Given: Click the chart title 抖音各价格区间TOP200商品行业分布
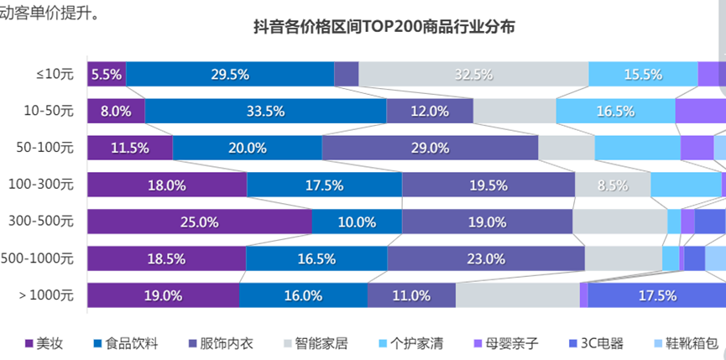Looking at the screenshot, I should (x=384, y=27).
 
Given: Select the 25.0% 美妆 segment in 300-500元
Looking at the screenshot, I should (x=200, y=222).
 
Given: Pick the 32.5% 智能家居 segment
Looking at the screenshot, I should (x=473, y=74).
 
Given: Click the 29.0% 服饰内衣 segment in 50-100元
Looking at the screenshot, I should (x=429, y=148).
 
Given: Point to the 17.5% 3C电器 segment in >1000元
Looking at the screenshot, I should (x=656, y=295).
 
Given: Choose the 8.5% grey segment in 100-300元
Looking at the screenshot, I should (x=613, y=185).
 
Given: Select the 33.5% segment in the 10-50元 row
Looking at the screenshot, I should (x=265, y=111).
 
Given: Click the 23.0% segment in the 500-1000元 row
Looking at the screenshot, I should (x=486, y=258).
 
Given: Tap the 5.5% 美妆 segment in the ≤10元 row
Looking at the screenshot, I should (x=107, y=74).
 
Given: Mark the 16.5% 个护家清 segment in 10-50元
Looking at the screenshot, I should (x=615, y=111).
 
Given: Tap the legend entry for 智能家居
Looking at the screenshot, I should (x=316, y=343).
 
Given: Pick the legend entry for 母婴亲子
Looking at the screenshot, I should (x=505, y=343).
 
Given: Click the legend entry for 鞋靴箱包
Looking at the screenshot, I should (x=687, y=343).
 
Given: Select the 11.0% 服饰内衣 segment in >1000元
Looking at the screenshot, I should (x=411, y=295).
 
